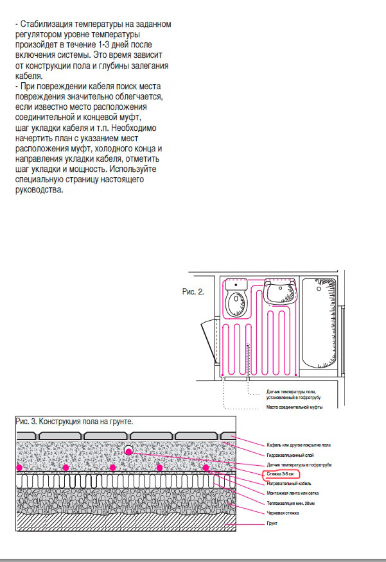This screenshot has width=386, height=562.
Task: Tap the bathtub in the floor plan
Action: pyautogui.click(x=322, y=324)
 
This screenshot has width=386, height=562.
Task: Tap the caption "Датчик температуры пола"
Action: pyautogui.click(x=292, y=391)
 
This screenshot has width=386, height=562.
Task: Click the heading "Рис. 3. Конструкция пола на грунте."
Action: pyautogui.click(x=74, y=422)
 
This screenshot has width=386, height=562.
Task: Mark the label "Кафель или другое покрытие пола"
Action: pyautogui.click(x=298, y=445)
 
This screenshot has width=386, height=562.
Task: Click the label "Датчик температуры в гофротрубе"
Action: pyautogui.click(x=299, y=464)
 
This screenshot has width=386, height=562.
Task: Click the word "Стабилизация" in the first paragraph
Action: pyautogui.click(x=46, y=24)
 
